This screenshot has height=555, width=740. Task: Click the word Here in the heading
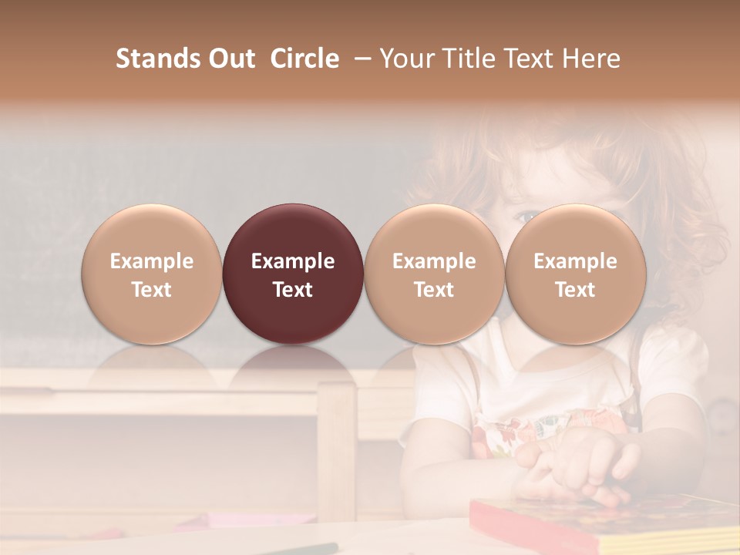591,59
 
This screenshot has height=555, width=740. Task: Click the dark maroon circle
293,274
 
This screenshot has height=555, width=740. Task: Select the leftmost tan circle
151,274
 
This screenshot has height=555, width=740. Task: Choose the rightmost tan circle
575,274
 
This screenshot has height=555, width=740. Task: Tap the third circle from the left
434,274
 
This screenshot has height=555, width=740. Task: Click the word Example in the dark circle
293,261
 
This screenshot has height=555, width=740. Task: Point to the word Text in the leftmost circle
151,290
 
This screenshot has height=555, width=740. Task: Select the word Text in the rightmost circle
575,290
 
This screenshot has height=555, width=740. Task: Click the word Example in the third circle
434,261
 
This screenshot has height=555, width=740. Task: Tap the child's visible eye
526,217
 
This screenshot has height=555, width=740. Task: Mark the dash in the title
359,59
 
